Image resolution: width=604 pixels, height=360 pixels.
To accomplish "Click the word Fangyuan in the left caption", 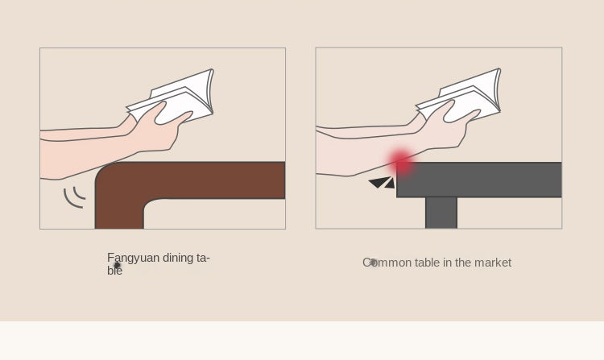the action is [x=133, y=258].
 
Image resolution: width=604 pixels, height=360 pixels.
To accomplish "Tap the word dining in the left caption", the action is [x=178, y=258].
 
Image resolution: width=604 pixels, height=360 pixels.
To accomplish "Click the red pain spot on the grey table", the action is [x=401, y=163].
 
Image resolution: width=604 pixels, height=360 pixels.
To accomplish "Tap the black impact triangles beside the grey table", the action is [x=382, y=183].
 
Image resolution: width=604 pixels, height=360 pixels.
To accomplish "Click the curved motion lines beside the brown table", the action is [x=74, y=197].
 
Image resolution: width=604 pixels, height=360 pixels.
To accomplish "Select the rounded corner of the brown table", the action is [x=105, y=172].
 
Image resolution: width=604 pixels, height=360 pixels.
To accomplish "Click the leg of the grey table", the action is [x=441, y=213].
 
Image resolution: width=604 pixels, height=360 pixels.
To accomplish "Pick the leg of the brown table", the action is [x=119, y=208].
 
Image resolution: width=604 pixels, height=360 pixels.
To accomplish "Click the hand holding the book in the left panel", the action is [x=158, y=127].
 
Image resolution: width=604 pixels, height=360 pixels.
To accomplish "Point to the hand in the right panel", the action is [x=447, y=125].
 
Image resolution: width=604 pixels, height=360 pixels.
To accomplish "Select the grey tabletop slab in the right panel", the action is [x=479, y=180].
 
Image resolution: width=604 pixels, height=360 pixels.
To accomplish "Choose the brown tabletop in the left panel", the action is [x=190, y=180].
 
